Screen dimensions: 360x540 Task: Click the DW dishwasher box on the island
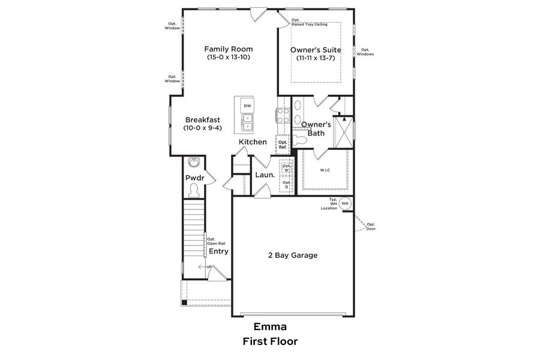(247, 106)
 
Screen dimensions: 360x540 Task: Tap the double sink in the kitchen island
(247, 122)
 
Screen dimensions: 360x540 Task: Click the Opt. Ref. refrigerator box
(283, 144)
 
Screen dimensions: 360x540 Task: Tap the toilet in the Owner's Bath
(301, 140)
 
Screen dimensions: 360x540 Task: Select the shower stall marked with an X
(344, 131)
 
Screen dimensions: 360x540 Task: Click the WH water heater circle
(345, 204)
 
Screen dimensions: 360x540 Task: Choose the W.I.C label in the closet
(324, 170)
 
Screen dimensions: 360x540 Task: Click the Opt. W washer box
(286, 167)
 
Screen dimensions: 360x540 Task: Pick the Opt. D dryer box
(286, 185)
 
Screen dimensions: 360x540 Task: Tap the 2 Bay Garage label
(292, 255)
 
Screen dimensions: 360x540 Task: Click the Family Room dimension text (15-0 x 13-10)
(228, 58)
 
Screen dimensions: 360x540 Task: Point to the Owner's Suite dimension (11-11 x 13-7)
(316, 58)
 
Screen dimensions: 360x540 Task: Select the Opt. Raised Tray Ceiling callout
(309, 22)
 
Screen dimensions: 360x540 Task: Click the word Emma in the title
(269, 327)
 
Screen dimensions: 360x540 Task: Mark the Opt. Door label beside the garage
(371, 226)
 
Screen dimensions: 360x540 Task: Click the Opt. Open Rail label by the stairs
(215, 241)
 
